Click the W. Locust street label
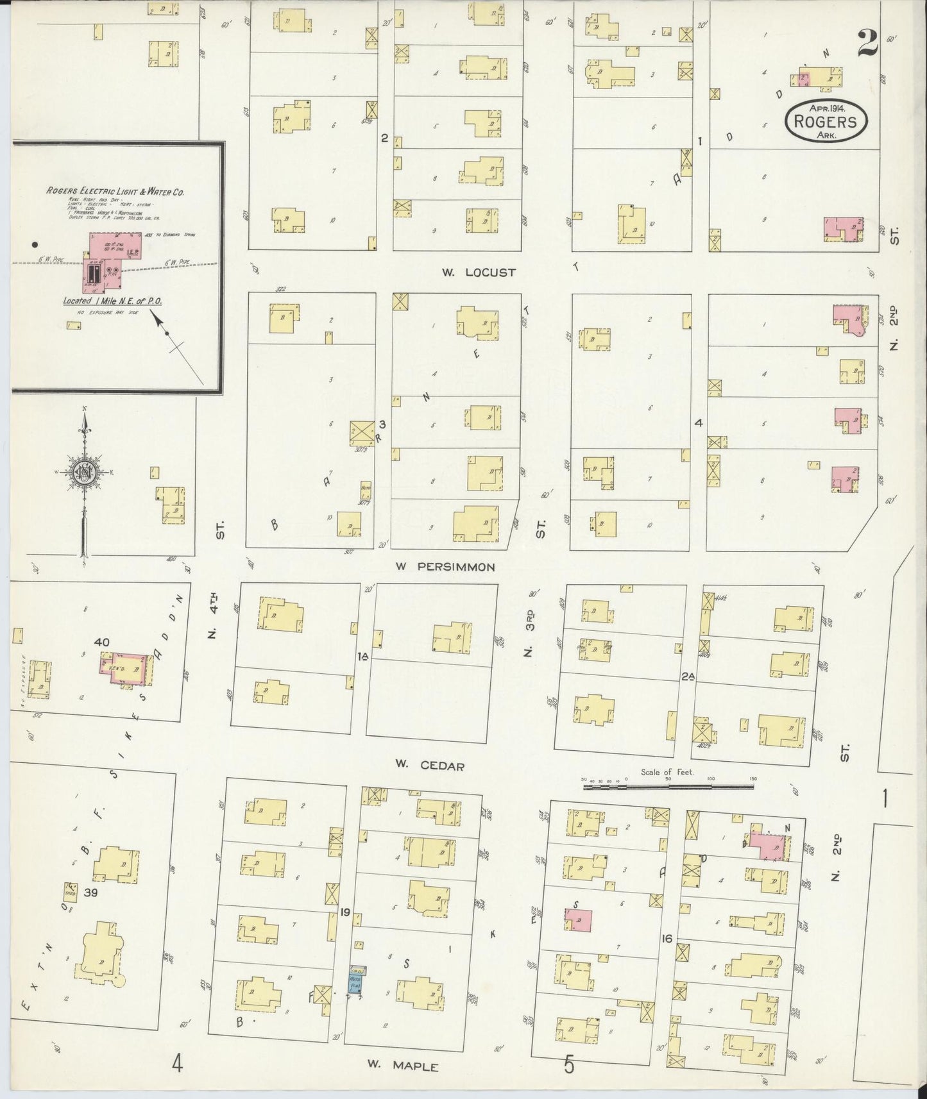(479, 272)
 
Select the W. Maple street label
(403, 1066)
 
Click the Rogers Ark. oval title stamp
(825, 120)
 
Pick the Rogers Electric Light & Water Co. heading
(116, 190)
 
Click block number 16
(667, 939)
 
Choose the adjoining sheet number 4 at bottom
(177, 1065)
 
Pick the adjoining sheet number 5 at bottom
(568, 1065)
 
